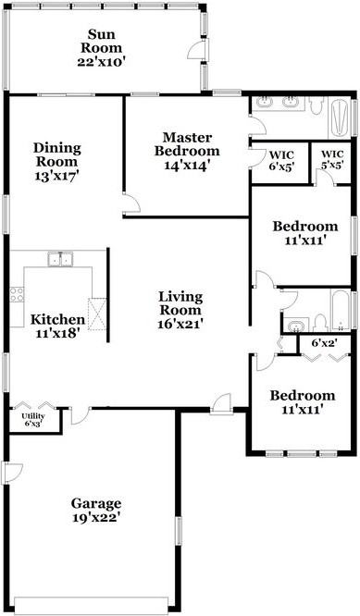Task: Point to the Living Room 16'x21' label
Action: coord(180,310)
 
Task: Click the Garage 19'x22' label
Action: coord(96,511)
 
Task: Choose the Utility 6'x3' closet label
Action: coord(32,420)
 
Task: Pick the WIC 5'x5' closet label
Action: coord(331,159)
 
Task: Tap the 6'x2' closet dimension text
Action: coord(322,344)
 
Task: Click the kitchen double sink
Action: coord(62,259)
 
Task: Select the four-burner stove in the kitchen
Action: coord(17,296)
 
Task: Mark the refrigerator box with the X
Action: coord(96,310)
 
